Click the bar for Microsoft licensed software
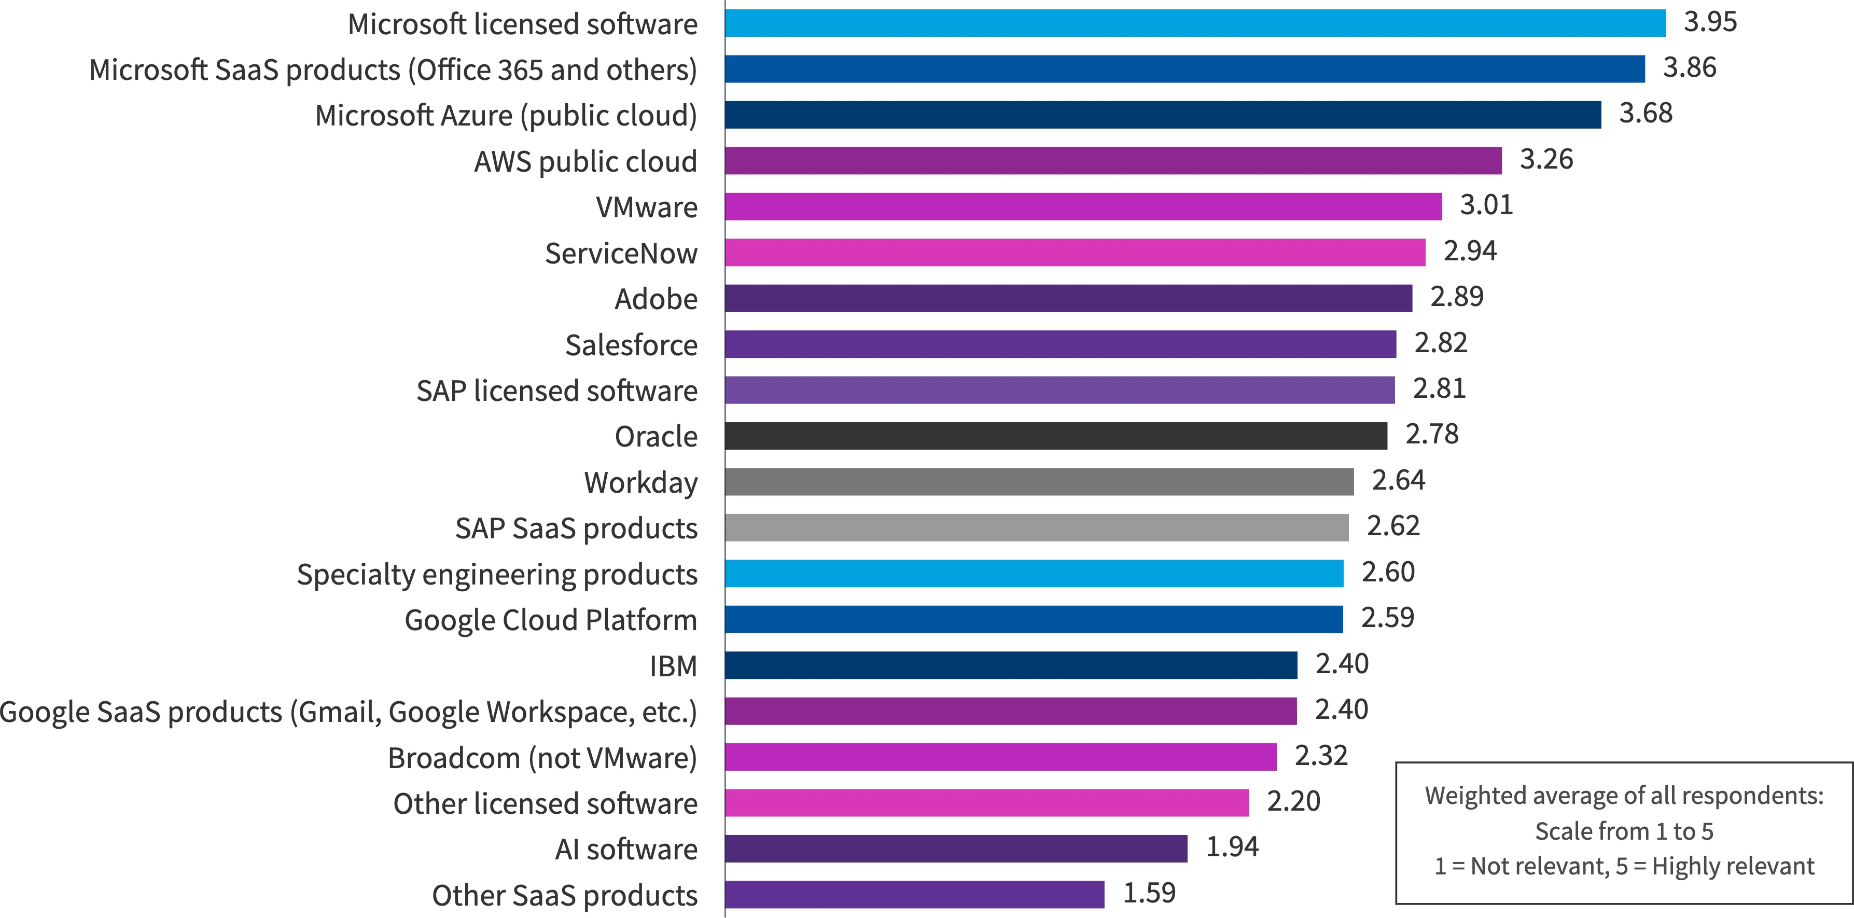coord(1195,23)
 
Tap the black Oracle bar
coord(1056,436)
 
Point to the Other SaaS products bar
coord(915,894)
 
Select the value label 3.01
coord(1486,205)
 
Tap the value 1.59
coord(1149,893)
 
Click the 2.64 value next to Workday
coord(1399,480)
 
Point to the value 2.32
coord(1321,755)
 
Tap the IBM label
coord(674,666)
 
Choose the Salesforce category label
coord(631,345)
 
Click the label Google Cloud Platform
coord(551,620)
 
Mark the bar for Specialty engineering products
coord(1034,574)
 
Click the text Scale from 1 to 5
coord(1624,831)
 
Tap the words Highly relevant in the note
coord(1733,866)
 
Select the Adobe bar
coord(1069,298)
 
